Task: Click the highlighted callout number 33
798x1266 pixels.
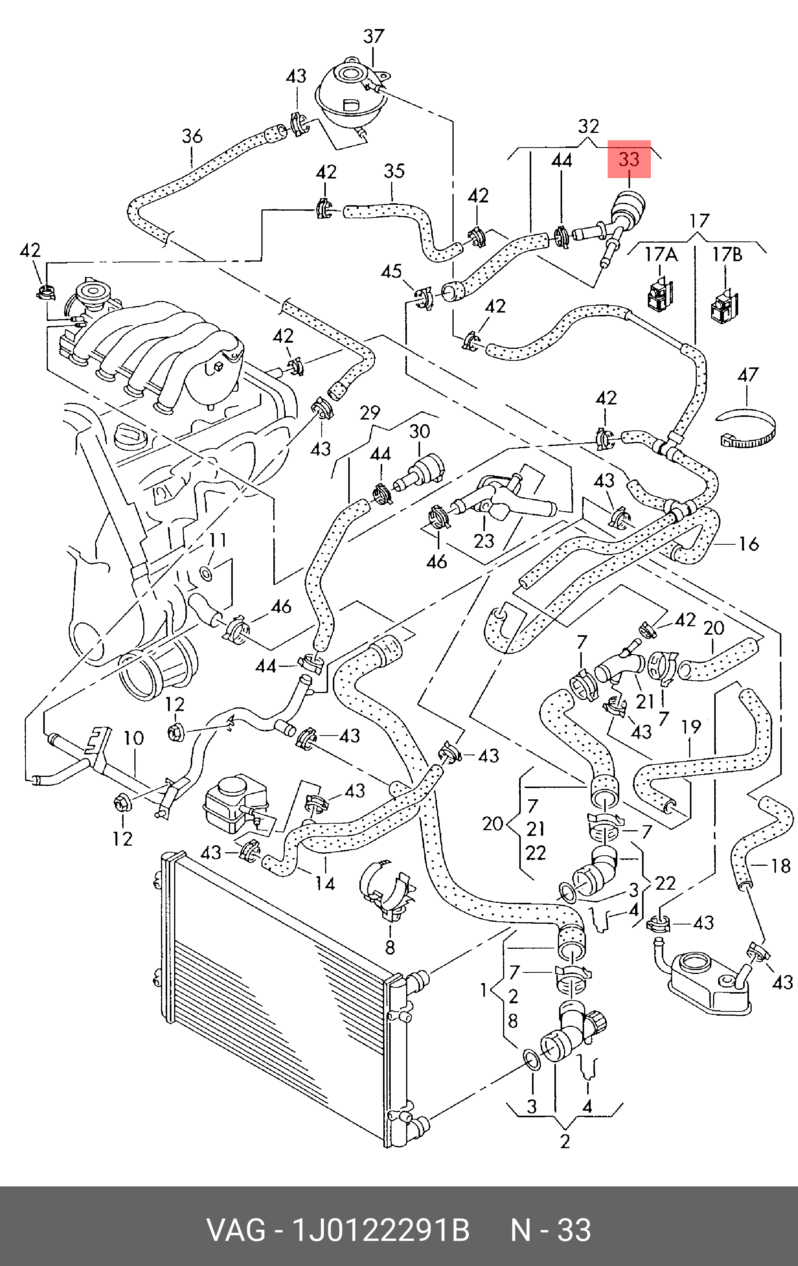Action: [629, 159]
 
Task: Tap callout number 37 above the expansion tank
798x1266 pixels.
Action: [374, 36]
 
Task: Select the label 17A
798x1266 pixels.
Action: [661, 255]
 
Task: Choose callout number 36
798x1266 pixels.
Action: [192, 136]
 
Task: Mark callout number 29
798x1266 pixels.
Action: [370, 413]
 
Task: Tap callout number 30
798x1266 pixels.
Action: [419, 431]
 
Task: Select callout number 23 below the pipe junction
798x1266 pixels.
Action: [484, 540]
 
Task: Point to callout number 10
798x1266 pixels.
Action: [134, 738]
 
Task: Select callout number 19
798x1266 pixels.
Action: [691, 727]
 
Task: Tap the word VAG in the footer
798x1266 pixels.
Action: [236, 1230]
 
